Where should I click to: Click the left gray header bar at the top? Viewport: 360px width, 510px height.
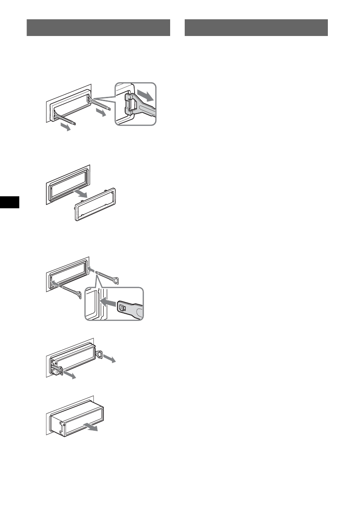(98, 27)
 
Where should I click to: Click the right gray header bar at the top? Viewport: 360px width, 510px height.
(256, 27)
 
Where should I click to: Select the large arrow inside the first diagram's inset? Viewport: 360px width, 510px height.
(144, 95)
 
